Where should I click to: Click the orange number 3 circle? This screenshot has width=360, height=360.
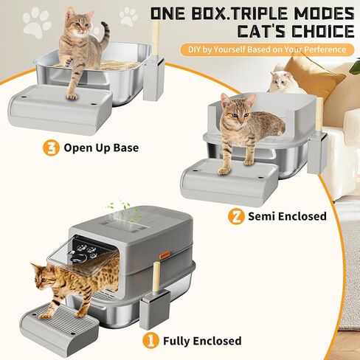tap(51, 148)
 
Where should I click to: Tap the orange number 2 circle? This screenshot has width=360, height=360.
tap(236, 216)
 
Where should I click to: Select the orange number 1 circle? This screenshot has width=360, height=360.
tap(151, 341)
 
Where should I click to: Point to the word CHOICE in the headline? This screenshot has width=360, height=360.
tap(323, 31)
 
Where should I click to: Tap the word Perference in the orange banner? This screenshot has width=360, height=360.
tap(325, 49)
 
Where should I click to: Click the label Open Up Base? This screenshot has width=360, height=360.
tap(101, 148)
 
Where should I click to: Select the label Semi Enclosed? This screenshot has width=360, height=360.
tap(287, 216)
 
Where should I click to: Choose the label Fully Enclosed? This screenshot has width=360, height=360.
tap(202, 341)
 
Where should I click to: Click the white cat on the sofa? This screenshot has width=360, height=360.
tap(283, 82)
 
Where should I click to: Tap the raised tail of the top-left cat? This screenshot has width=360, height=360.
tap(105, 36)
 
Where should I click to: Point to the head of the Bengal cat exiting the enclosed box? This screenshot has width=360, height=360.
tap(42, 275)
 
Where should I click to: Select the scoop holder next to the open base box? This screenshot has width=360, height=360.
tap(154, 78)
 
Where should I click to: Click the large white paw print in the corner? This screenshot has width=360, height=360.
tap(37, 22)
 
